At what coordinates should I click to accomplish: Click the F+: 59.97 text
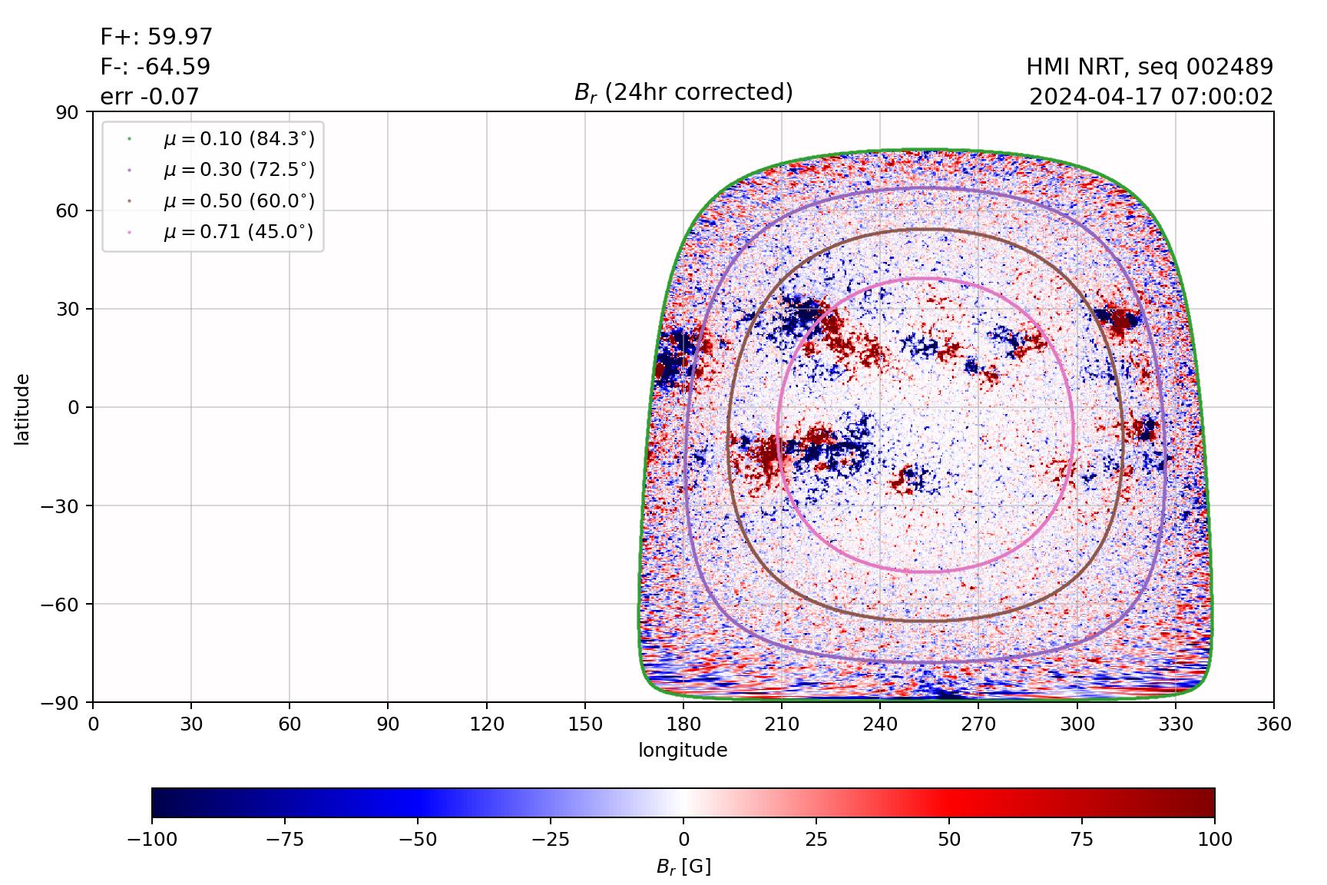(x=157, y=37)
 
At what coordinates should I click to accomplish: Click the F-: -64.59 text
(x=155, y=67)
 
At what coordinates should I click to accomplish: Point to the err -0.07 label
(x=150, y=97)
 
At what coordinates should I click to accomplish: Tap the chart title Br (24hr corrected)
(x=683, y=92)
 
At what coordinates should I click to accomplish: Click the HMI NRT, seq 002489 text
(x=1150, y=67)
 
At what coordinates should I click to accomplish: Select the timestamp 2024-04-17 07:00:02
(x=1151, y=97)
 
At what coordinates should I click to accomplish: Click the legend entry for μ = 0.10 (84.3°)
(x=238, y=139)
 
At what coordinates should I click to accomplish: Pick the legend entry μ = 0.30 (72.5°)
(x=238, y=170)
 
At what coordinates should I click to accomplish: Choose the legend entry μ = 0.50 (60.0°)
(x=238, y=201)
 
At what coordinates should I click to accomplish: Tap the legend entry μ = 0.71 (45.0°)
(x=238, y=232)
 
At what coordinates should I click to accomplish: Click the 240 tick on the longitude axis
(x=880, y=724)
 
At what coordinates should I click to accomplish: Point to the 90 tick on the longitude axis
(x=388, y=724)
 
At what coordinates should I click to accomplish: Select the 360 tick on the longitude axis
(x=1274, y=724)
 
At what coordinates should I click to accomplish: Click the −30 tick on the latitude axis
(x=63, y=505)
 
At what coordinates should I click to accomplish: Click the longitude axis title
(x=683, y=750)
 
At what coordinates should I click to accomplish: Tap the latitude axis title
(x=22, y=408)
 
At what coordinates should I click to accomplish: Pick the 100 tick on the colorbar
(x=1214, y=839)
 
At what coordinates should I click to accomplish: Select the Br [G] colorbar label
(x=683, y=867)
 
